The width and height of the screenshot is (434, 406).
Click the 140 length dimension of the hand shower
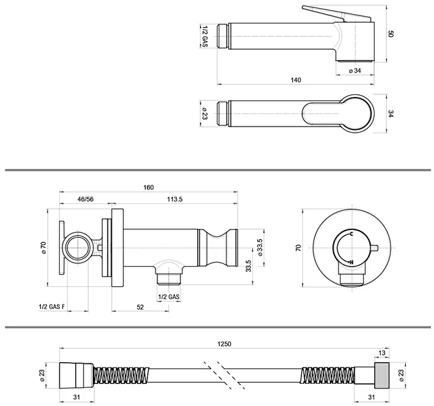click(x=295, y=80)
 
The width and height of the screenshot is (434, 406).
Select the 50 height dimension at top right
click(x=390, y=34)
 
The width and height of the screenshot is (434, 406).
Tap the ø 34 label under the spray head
click(x=355, y=71)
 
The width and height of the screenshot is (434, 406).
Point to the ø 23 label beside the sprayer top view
click(x=205, y=113)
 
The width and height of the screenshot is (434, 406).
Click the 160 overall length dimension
click(x=148, y=187)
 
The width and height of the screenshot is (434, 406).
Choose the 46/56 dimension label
click(x=85, y=199)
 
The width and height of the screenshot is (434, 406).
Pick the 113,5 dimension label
click(x=175, y=199)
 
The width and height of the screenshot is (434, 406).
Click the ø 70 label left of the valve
click(x=43, y=248)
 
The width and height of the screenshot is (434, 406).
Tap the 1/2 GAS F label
click(x=52, y=307)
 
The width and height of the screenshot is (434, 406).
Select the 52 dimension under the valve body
click(x=141, y=307)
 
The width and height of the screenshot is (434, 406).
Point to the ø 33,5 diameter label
click(x=260, y=247)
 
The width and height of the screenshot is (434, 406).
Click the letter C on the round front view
click(x=351, y=234)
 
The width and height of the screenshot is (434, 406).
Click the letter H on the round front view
click(x=351, y=262)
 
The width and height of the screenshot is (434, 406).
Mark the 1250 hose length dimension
click(x=224, y=344)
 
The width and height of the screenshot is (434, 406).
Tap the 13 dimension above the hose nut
click(x=382, y=353)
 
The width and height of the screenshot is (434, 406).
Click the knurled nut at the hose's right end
click(x=382, y=375)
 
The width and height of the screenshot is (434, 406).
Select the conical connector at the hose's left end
click(x=77, y=375)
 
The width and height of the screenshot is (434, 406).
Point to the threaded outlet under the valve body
click(x=169, y=278)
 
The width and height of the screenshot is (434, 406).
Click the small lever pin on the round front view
click(x=375, y=248)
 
